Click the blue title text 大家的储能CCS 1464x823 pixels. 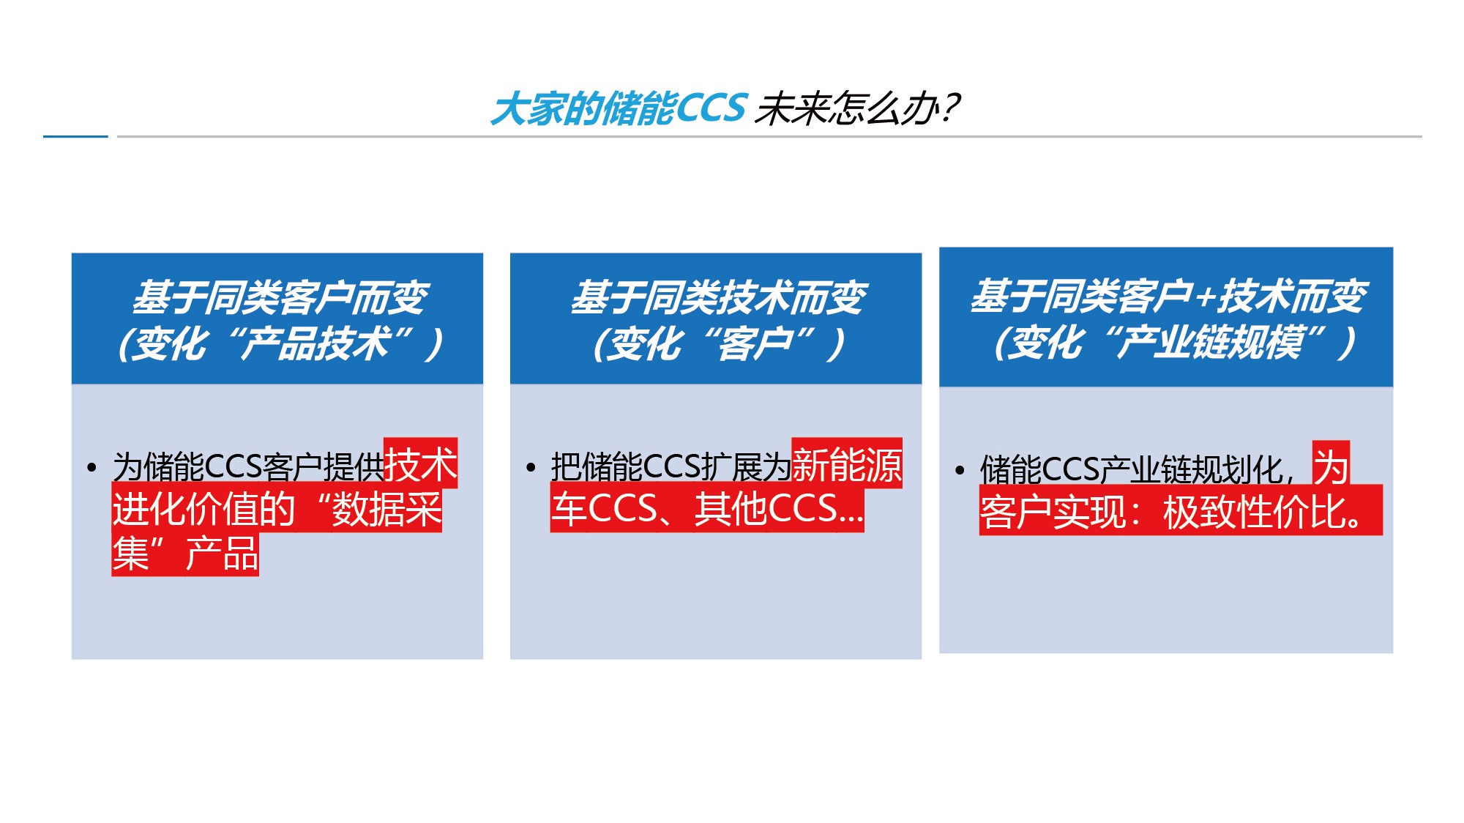click(x=619, y=109)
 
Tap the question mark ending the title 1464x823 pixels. click(x=949, y=108)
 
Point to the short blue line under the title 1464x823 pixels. click(x=75, y=136)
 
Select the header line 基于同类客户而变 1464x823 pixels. click(x=280, y=297)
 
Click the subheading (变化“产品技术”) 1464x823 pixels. click(x=280, y=343)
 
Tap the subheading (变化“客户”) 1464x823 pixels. click(x=720, y=343)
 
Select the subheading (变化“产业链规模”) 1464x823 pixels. click(x=1175, y=342)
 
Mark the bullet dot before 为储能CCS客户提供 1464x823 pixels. click(x=91, y=467)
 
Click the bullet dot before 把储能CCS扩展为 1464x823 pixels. click(x=531, y=467)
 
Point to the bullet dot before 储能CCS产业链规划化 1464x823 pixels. click(x=960, y=470)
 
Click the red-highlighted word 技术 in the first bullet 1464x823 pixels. click(x=421, y=464)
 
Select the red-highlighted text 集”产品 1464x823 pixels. click(x=185, y=554)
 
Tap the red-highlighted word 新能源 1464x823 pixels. click(x=847, y=464)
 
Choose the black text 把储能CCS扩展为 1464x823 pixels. click(x=671, y=466)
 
